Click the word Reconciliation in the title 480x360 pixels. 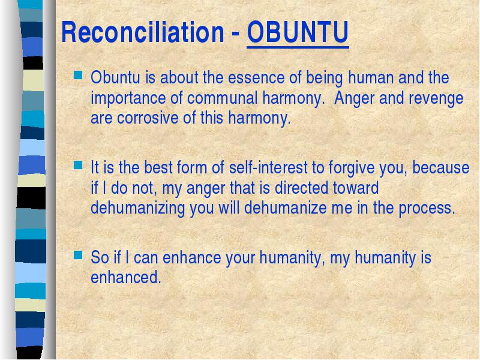[x=143, y=32]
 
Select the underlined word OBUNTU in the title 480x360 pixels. [x=298, y=32]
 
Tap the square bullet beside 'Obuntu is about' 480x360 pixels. [x=78, y=74]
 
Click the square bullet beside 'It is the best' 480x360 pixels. [x=78, y=165]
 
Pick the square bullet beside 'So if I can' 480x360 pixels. [x=78, y=254]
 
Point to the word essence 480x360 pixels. [x=256, y=77]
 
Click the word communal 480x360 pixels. [x=223, y=98]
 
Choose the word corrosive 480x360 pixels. [x=148, y=118]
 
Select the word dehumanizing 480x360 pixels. [x=138, y=208]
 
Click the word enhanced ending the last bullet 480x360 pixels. [x=126, y=277]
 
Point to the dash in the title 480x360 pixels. [x=235, y=33]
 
